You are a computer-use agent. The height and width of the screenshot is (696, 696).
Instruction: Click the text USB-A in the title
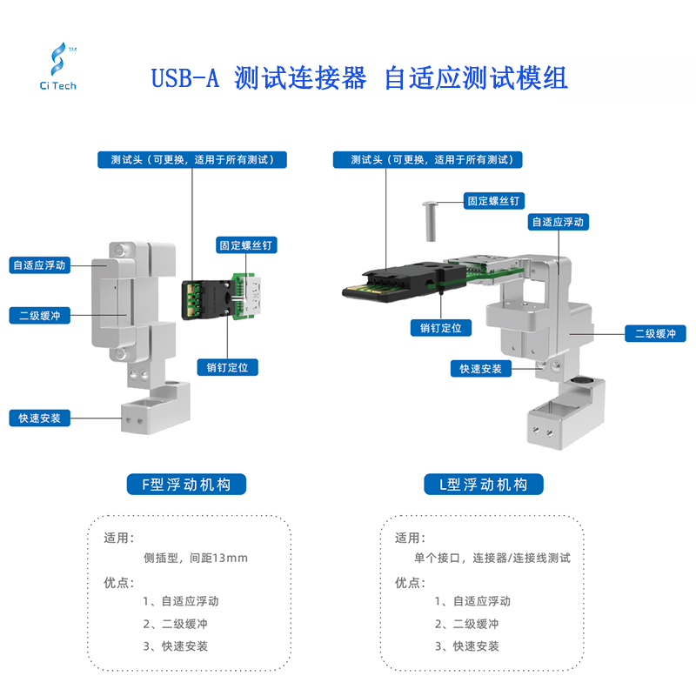tap(184, 79)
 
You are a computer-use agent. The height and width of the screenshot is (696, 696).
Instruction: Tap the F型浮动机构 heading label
tap(186, 484)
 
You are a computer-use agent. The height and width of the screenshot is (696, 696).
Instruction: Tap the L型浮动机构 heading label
tap(483, 484)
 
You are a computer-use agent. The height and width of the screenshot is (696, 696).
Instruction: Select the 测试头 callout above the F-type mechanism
tap(192, 160)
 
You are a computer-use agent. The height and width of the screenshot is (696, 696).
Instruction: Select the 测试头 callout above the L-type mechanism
tap(428, 160)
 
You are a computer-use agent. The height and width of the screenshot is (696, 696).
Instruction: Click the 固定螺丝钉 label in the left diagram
tap(246, 246)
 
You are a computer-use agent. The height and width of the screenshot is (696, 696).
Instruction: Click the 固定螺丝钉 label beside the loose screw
tap(493, 201)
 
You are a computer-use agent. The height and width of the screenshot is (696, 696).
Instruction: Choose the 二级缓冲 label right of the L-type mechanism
tap(655, 333)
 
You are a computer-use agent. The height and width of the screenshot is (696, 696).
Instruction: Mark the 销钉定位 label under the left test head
tap(227, 367)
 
